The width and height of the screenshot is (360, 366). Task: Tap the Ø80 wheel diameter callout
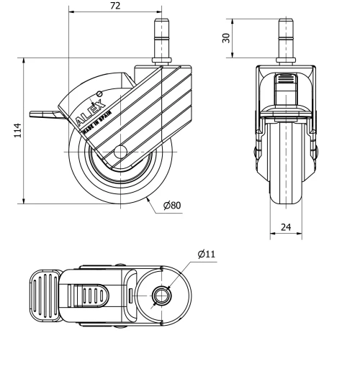point(173,206)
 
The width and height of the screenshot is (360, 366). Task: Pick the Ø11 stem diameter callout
point(205,254)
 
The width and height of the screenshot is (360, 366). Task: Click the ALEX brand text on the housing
point(90,108)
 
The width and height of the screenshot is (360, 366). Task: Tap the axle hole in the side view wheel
point(120,152)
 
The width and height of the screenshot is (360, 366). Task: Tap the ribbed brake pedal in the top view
point(45,295)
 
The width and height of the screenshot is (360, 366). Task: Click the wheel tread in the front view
point(287,180)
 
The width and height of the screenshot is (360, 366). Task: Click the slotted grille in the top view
point(89,296)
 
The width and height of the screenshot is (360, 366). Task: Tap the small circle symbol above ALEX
point(99,93)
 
